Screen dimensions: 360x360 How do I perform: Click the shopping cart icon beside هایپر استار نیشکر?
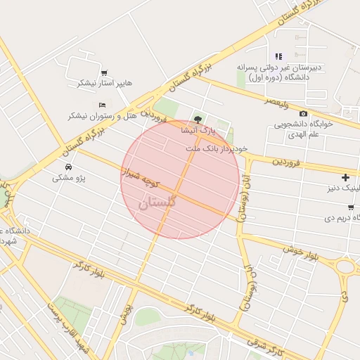[104, 73]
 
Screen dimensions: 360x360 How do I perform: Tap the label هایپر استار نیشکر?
[104, 84]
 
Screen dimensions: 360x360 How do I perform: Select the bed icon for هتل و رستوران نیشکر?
[102, 105]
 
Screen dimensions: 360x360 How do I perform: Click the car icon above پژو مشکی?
[68, 167]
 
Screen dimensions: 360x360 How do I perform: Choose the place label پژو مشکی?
[69, 178]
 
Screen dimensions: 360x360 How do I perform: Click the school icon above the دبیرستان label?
[278, 56]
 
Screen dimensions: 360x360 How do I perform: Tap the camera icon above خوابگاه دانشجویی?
[303, 114]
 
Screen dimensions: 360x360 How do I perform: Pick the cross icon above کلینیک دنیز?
[345, 178]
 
